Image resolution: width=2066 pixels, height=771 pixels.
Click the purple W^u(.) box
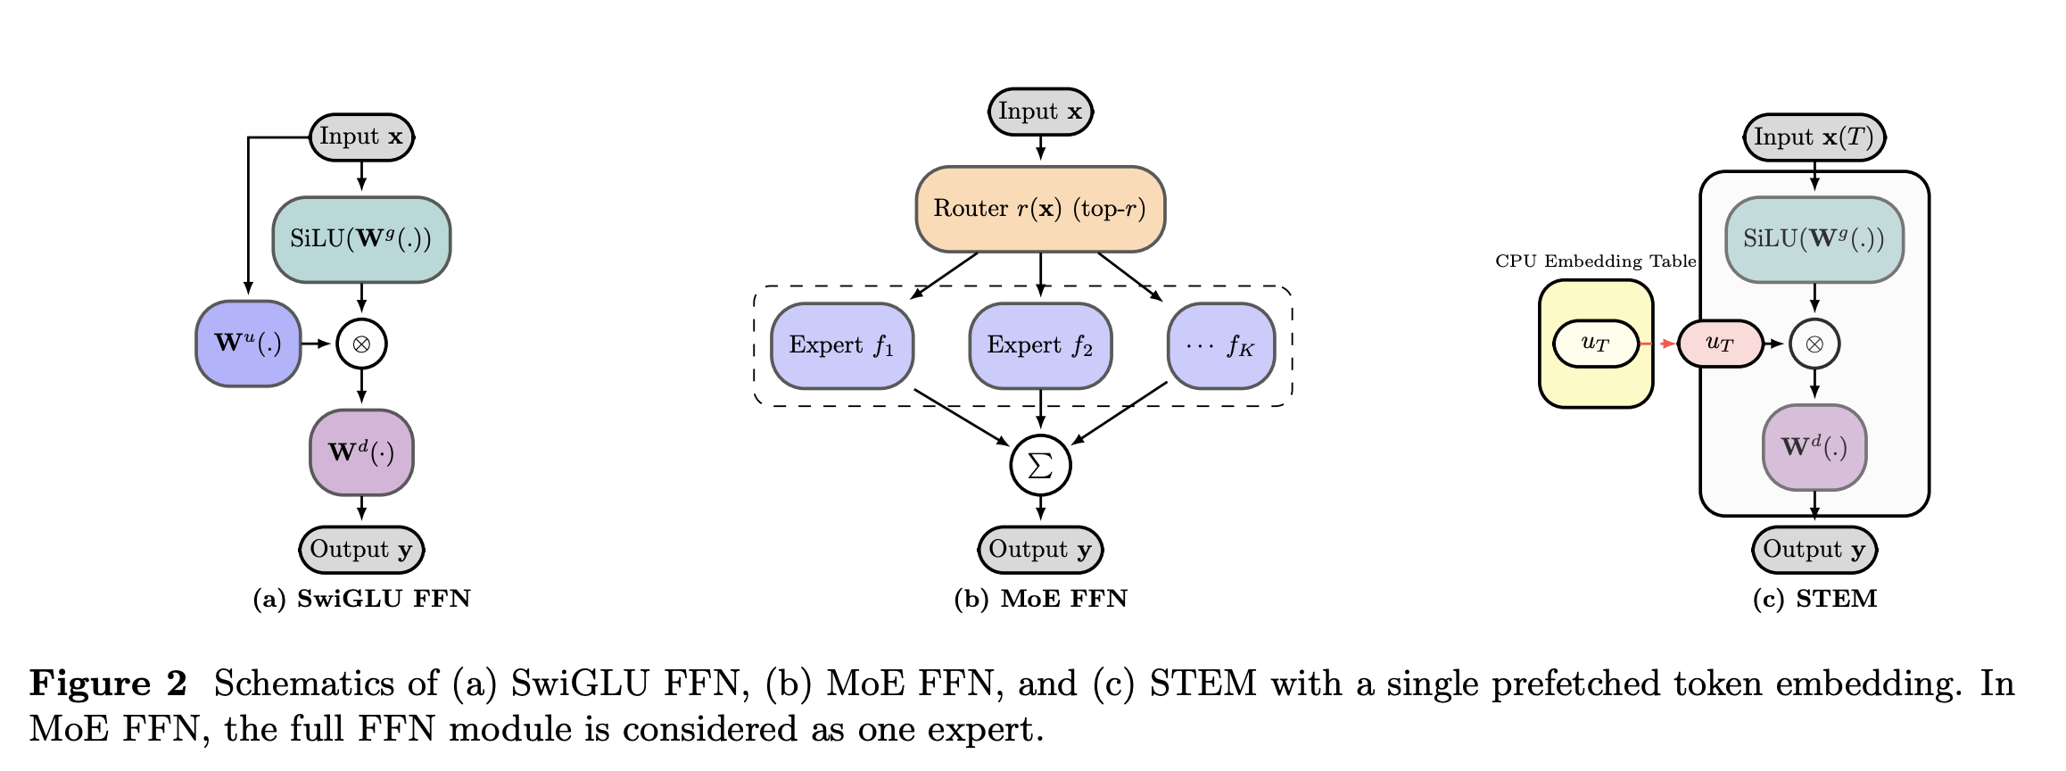pos(248,344)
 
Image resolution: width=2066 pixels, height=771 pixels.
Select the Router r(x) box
pos(1040,209)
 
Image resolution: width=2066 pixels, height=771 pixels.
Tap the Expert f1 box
pos(841,345)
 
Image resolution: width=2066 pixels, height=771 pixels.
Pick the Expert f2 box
pos(1040,345)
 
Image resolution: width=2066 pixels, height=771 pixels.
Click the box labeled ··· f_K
pos(1220,345)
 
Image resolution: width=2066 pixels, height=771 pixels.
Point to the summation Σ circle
pos(1040,465)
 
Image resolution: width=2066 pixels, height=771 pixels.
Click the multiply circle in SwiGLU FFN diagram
pos(361,344)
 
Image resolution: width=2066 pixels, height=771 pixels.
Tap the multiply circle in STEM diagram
pos(1814,344)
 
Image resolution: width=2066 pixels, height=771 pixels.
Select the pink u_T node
pos(1719,344)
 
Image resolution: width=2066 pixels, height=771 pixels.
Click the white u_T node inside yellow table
pos(1595,344)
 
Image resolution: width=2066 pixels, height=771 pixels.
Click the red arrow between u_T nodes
pos(1658,344)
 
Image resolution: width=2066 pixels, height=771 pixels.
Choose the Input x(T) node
pos(1814,137)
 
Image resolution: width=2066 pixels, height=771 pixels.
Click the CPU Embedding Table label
pos(1595,261)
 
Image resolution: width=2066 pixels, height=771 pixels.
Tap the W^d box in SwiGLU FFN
pos(361,452)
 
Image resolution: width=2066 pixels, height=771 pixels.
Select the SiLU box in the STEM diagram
pos(1814,239)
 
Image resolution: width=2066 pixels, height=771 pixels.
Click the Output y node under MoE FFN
pos(1040,550)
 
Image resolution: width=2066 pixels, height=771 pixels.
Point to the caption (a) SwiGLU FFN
pos(361,599)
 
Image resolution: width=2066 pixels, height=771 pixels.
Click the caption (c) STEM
pos(1814,599)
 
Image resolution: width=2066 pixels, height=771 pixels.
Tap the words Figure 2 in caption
pos(108,684)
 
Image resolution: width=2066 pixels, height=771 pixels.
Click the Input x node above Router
pos(1040,112)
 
